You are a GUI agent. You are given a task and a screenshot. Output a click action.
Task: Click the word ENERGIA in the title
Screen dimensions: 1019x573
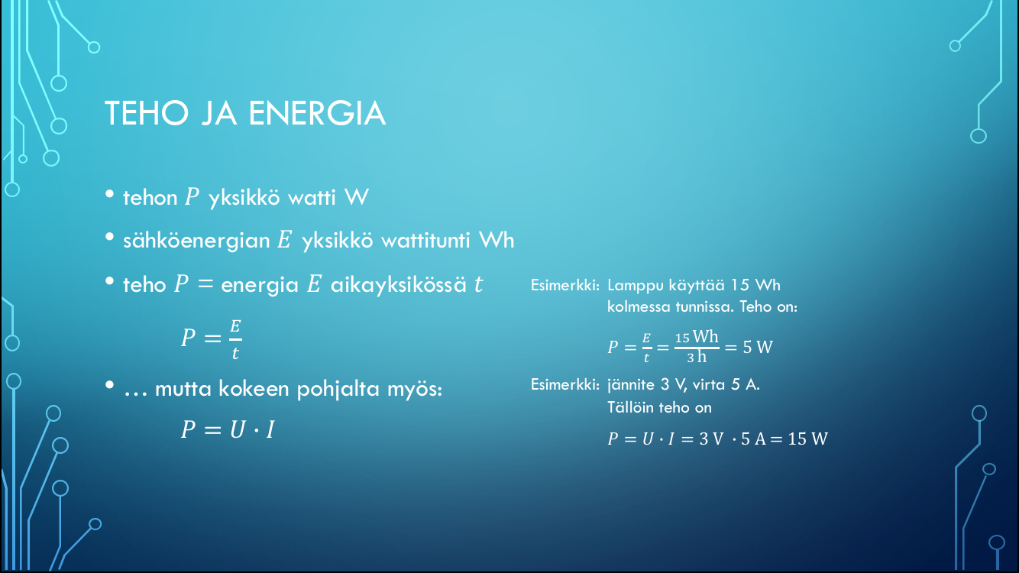click(x=317, y=113)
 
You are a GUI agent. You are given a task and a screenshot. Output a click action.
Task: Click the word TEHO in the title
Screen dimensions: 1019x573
click(x=147, y=113)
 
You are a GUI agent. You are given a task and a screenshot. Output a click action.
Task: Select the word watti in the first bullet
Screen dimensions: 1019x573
click(x=312, y=198)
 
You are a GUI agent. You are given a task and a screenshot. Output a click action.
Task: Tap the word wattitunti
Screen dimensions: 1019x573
click(x=425, y=240)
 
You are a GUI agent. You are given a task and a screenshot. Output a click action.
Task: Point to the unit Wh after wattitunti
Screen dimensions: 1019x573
click(x=497, y=240)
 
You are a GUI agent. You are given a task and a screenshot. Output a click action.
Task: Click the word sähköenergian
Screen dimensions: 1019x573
click(x=196, y=241)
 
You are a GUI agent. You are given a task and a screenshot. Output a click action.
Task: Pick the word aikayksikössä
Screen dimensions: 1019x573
click(x=399, y=285)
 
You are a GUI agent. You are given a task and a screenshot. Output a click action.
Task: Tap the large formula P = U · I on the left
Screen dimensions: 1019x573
click(x=228, y=429)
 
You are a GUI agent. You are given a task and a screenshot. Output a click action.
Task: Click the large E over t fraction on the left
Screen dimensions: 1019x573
click(x=235, y=339)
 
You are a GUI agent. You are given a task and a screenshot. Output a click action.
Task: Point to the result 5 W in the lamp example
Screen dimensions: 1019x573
click(x=758, y=348)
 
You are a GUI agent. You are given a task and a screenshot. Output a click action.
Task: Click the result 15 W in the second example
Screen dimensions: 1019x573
click(x=807, y=439)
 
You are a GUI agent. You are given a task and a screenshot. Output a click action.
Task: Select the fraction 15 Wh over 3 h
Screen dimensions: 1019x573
click(x=697, y=347)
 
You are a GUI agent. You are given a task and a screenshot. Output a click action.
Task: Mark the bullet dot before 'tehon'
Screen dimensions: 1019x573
click(x=109, y=194)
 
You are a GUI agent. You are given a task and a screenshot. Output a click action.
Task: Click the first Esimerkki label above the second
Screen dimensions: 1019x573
click(x=565, y=286)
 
